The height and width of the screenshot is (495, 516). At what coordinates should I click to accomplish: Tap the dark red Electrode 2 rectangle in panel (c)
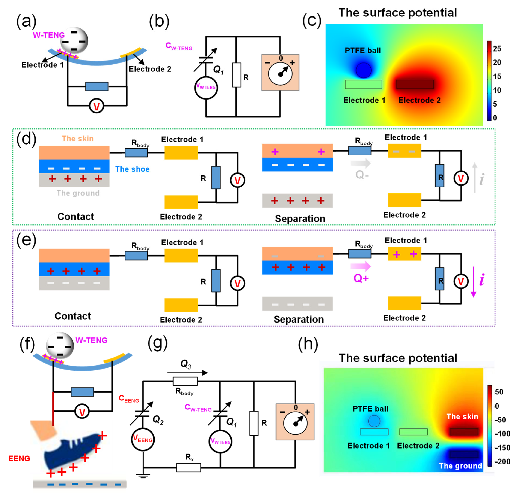pos(415,84)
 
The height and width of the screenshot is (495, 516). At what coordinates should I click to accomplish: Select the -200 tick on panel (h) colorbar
pos(502,462)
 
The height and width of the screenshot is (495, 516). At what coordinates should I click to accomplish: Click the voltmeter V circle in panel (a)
pos(97,106)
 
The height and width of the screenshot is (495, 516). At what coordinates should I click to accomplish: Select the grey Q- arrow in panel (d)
pos(361,163)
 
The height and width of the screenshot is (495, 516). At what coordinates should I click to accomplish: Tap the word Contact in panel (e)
pos(73,316)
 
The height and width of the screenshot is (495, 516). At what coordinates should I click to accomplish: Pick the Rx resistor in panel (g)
pos(189,467)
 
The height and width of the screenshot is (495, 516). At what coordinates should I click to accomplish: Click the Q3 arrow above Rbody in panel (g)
pos(187,373)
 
